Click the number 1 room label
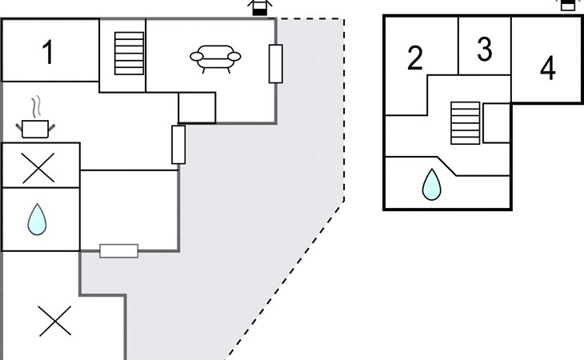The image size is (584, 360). [x=48, y=53]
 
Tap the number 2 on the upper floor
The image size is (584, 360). [x=414, y=59]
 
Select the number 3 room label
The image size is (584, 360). [x=484, y=50]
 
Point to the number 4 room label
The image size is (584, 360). [x=547, y=69]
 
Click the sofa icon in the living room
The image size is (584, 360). [x=215, y=58]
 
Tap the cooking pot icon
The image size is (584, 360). [x=34, y=127]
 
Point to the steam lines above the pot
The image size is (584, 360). [x=34, y=106]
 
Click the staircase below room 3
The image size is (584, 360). [x=463, y=122]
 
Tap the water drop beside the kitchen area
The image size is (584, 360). [x=35, y=220]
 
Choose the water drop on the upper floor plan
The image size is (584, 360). [x=432, y=184]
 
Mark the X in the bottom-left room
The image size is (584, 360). [x=55, y=322]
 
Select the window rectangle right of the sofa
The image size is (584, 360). [x=275, y=64]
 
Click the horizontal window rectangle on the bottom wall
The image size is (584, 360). [x=118, y=250]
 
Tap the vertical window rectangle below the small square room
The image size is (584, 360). [x=178, y=145]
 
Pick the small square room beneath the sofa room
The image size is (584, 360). [x=197, y=107]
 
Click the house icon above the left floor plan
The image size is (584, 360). [x=258, y=7]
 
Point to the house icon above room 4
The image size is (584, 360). [x=567, y=4]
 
